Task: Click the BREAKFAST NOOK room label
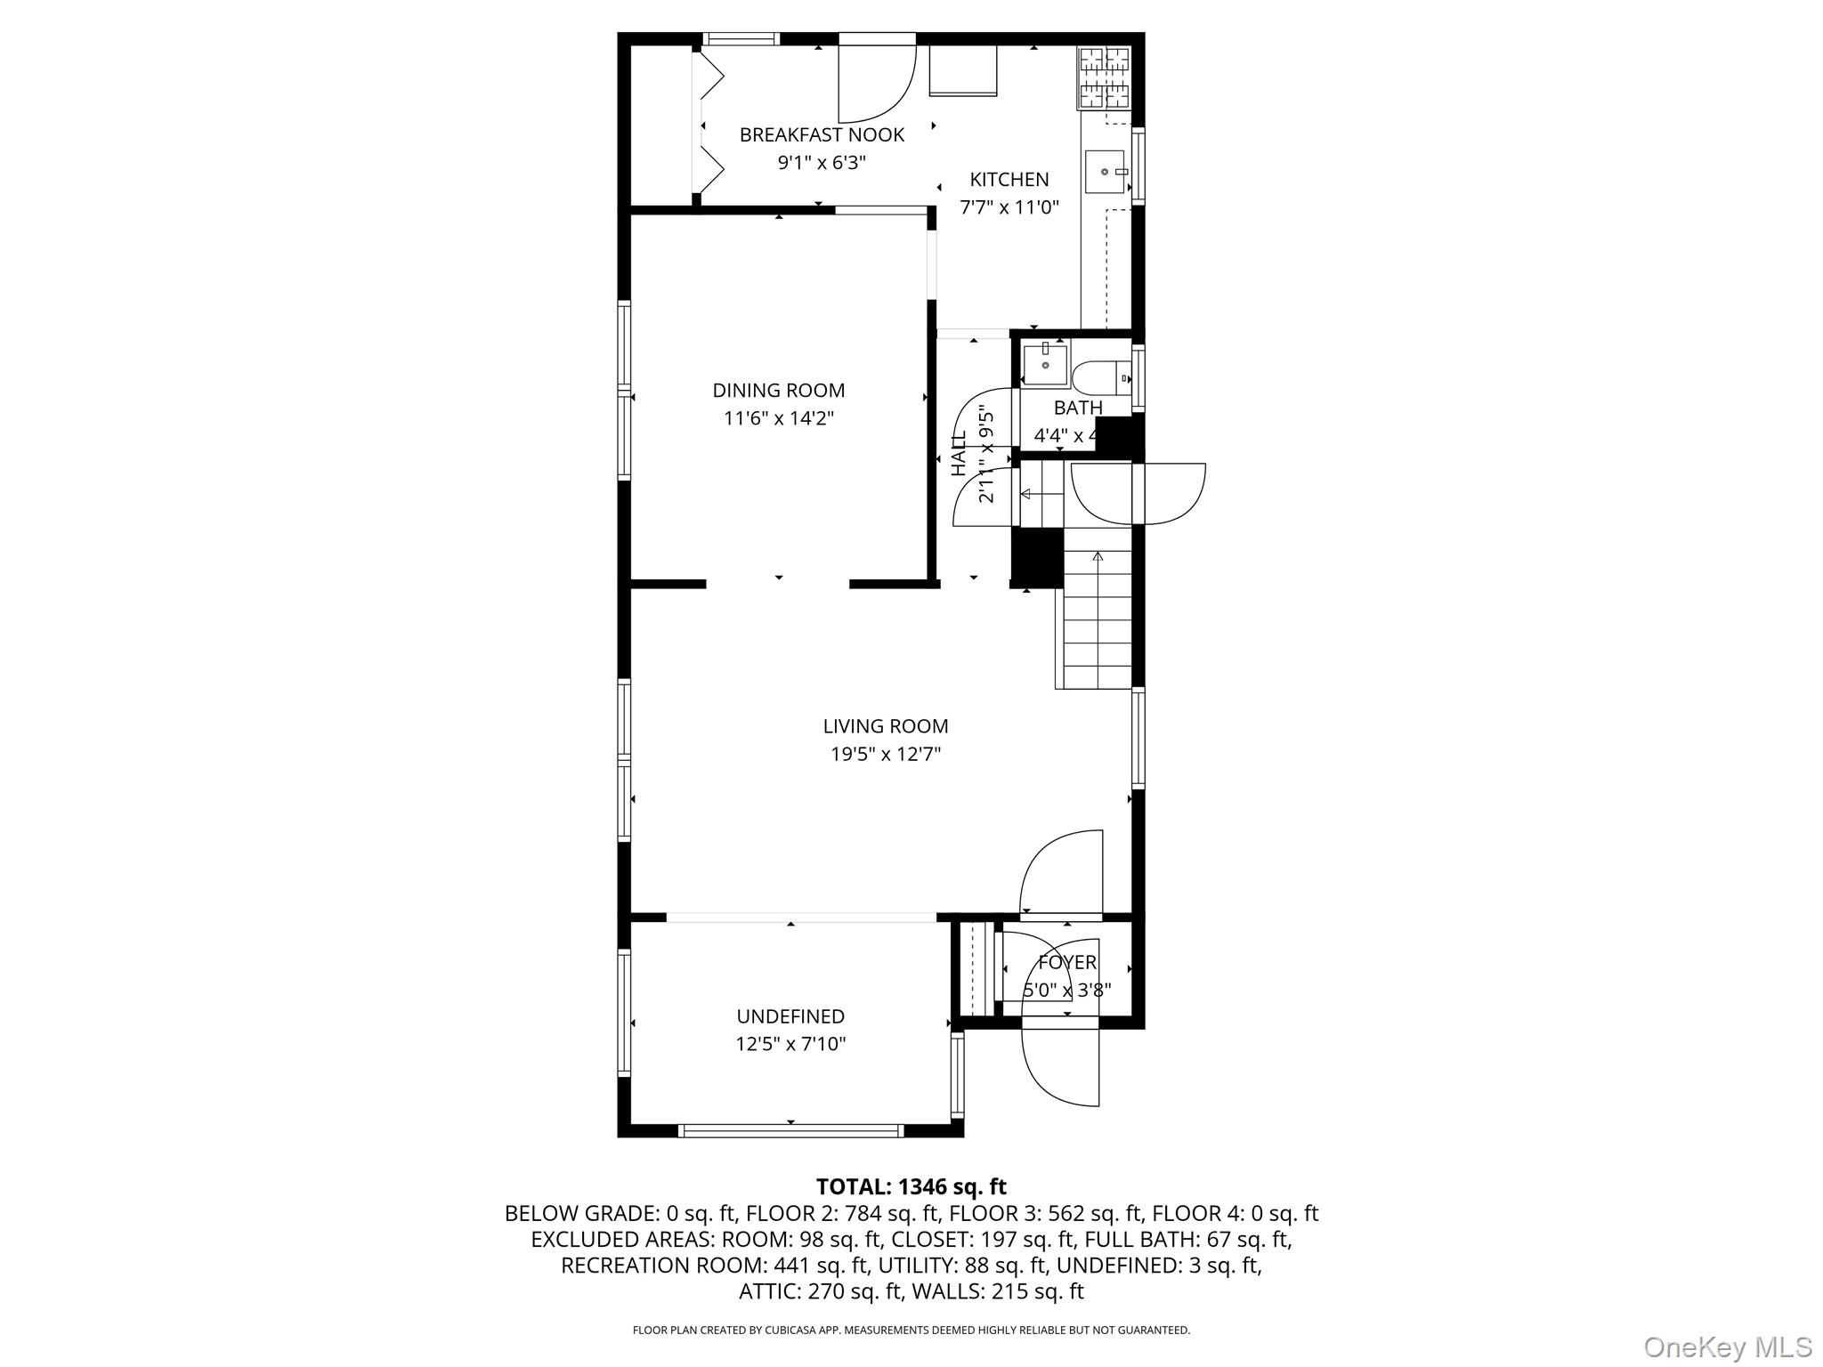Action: pyautogui.click(x=822, y=134)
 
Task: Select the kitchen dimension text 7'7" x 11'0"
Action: pyautogui.click(x=1009, y=207)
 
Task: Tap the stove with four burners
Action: pyautogui.click(x=1105, y=77)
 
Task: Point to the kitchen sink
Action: pyautogui.click(x=1106, y=172)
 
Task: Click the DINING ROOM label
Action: pyautogui.click(x=778, y=390)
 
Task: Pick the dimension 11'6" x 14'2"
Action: pyautogui.click(x=778, y=418)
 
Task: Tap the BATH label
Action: pyautogui.click(x=1078, y=408)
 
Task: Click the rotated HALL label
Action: pyautogui.click(x=959, y=454)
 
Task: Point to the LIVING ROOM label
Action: pyautogui.click(x=885, y=726)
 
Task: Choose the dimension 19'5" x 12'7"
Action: pyautogui.click(x=885, y=755)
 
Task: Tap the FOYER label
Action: pyautogui.click(x=1066, y=962)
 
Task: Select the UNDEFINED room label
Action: pyautogui.click(x=790, y=1016)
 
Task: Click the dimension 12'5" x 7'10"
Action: pyautogui.click(x=790, y=1044)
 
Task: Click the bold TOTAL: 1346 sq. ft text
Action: pyautogui.click(x=911, y=1186)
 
